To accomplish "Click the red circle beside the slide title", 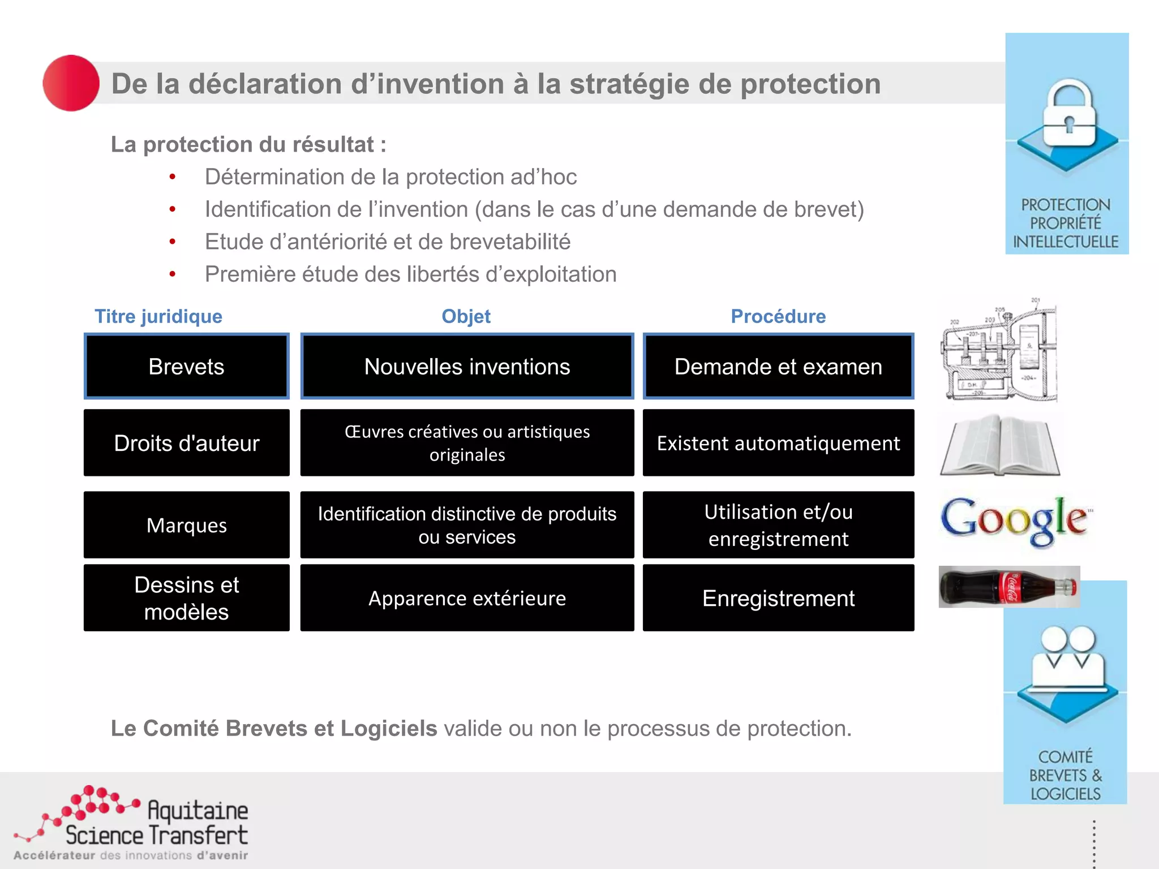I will (x=71, y=83).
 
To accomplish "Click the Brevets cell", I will (x=186, y=367).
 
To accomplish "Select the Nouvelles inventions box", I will (x=467, y=367).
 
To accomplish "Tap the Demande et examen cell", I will (x=778, y=367).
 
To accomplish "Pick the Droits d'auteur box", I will (x=186, y=443).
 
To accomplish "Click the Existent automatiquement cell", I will (x=778, y=443).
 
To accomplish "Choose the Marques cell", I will (x=186, y=525).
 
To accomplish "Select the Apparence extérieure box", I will (x=467, y=598).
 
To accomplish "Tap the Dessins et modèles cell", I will (x=186, y=598).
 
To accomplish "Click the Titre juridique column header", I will (x=158, y=316).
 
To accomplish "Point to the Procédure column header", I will (x=778, y=316).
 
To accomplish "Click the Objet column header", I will (x=466, y=316).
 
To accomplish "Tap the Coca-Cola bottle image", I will (x=1008, y=587).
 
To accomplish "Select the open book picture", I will (x=1000, y=445).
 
